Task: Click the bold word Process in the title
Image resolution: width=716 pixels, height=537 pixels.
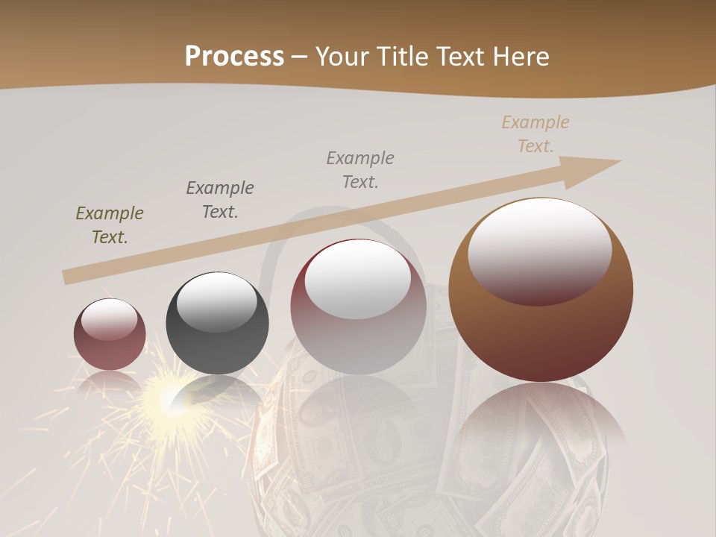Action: click(234, 57)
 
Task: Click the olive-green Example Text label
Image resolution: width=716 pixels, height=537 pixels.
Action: click(110, 225)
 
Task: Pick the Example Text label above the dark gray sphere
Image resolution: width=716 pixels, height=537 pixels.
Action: click(220, 200)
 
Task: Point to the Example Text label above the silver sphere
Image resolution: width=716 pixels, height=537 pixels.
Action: click(360, 169)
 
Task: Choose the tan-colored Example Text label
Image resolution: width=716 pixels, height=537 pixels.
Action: click(536, 134)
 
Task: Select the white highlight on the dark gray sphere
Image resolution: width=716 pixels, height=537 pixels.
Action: click(217, 301)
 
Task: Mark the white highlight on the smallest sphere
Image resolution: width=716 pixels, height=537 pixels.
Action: click(109, 318)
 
